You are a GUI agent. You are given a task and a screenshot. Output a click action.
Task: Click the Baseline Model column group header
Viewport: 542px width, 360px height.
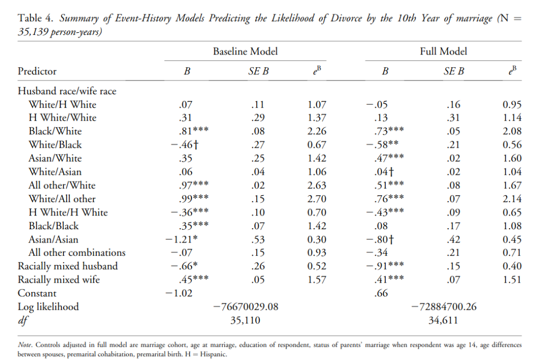coord(245,51)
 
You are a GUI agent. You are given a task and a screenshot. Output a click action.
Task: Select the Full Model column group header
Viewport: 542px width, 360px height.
coord(443,51)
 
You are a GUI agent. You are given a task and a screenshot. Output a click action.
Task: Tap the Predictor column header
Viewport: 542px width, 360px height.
coord(37,71)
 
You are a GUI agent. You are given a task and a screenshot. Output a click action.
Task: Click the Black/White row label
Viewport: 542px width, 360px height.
coord(55,131)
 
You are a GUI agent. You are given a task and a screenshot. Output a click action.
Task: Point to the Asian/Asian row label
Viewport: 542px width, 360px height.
coord(53,239)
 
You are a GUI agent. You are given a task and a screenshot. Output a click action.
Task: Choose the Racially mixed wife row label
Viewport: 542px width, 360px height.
coord(59,280)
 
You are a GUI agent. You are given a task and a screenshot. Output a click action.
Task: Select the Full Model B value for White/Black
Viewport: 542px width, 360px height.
coord(382,145)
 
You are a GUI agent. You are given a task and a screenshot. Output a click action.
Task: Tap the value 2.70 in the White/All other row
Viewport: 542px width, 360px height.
coord(317,199)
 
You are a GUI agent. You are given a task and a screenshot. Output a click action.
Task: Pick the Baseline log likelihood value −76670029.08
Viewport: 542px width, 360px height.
coord(246,307)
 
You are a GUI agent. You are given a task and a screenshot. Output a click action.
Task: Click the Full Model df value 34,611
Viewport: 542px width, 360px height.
coord(443,320)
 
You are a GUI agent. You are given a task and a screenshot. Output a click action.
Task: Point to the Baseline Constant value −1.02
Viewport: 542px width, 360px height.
coord(179,293)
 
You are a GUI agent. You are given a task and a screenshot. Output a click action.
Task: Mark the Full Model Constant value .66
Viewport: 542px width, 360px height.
coord(381,293)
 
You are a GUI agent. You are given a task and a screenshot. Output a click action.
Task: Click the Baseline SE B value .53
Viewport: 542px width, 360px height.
coord(258,239)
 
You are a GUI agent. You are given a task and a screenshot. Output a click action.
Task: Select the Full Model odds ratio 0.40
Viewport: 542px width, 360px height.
coord(512,266)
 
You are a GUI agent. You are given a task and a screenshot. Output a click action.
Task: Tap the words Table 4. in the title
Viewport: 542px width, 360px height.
coord(35,18)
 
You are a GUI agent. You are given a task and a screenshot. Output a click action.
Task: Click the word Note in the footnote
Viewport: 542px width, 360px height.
coord(25,345)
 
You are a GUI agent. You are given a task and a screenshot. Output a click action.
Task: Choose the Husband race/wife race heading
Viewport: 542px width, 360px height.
coord(67,91)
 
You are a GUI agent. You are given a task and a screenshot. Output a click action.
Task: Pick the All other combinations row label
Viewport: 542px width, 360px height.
coord(77,253)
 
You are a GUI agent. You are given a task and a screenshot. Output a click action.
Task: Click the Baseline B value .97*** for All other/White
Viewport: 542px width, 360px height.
coord(194,185)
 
